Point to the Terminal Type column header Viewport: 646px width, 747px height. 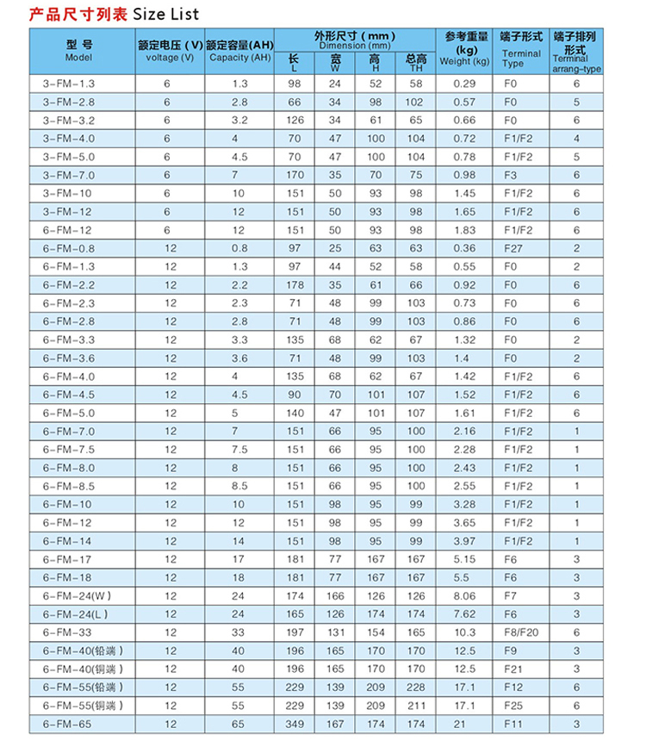[x=521, y=50]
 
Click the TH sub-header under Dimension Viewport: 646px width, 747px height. [x=415, y=63]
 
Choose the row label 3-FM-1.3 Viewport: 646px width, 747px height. [x=69, y=84]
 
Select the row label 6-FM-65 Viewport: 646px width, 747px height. [x=66, y=724]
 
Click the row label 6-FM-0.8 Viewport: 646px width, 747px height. [x=69, y=248]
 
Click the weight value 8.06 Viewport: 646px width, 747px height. [x=464, y=595]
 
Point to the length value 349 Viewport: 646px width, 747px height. [x=295, y=724]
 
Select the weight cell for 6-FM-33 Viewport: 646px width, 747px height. [x=464, y=632]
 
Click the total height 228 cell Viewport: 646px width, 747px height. [x=416, y=687]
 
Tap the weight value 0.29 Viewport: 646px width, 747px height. [x=464, y=84]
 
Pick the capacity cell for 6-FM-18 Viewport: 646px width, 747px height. [x=239, y=577]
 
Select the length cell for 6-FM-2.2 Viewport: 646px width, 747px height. [x=295, y=284]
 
